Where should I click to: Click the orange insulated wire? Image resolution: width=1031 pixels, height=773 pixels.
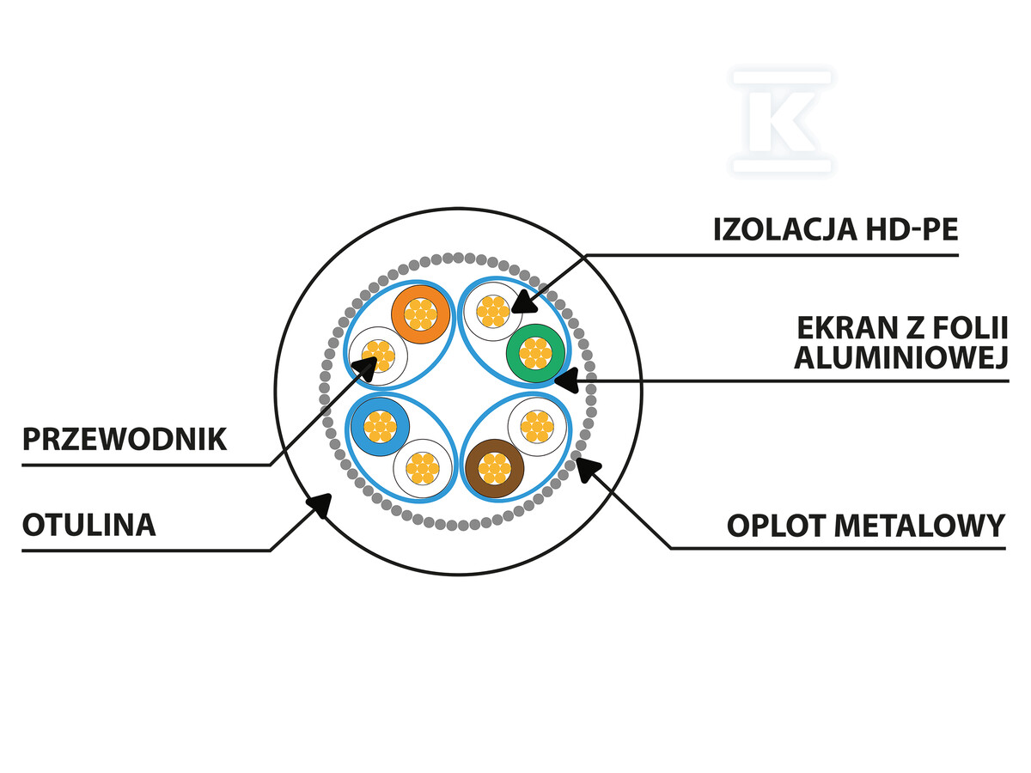coord(421,313)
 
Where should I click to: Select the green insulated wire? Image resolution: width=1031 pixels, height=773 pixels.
coord(535,353)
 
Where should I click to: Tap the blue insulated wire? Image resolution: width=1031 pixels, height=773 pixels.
coord(379,426)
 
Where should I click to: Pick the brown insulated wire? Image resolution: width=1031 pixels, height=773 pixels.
coord(494,468)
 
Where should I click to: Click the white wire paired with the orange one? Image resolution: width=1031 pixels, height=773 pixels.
coord(378,356)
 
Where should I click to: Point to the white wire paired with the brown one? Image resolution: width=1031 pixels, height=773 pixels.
coord(537,426)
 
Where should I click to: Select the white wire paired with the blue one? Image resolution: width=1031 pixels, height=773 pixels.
coord(422,468)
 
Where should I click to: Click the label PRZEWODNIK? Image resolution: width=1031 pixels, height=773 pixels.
coord(125,440)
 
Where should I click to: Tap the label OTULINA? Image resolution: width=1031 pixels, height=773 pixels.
coord(89,525)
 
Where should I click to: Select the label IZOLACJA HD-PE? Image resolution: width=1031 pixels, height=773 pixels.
coord(835,229)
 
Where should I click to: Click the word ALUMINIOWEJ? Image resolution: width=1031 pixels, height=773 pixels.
coord(900,359)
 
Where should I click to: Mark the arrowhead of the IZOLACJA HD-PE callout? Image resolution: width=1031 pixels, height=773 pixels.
coord(522,303)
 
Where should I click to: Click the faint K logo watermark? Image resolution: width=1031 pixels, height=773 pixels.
coord(782,120)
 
